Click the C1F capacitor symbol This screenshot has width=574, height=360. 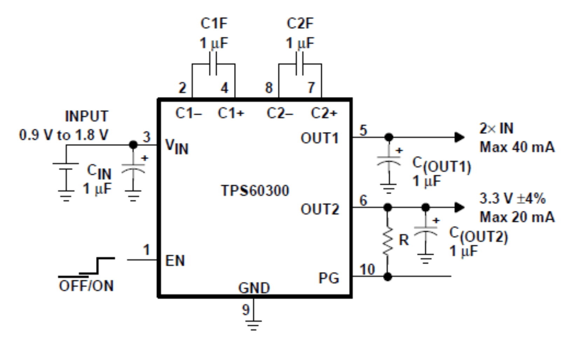(x=213, y=64)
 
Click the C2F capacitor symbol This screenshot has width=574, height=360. (x=300, y=64)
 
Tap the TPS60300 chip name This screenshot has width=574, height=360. (x=255, y=191)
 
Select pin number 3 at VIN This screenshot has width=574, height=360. (x=146, y=137)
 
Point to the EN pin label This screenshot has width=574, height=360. (x=175, y=261)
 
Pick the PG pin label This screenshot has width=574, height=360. (x=329, y=278)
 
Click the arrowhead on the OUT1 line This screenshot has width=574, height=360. (x=459, y=137)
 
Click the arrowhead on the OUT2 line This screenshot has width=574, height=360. (x=459, y=207)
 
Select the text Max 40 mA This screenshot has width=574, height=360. (x=517, y=147)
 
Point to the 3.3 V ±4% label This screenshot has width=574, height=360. (x=512, y=199)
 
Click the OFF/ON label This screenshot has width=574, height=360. (x=86, y=286)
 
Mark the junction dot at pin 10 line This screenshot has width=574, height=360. (x=388, y=277)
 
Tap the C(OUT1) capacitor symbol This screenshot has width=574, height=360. (x=388, y=160)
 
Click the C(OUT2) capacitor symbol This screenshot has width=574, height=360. (x=425, y=230)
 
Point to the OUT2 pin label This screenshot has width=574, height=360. (x=320, y=209)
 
